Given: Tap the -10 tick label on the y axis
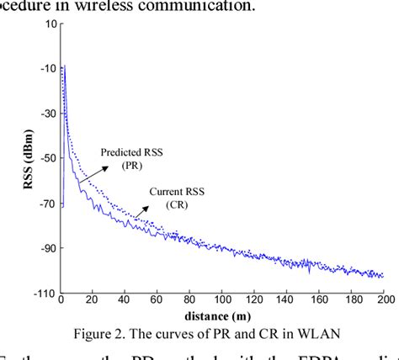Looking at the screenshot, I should (x=48, y=68).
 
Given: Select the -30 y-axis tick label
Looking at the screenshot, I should (x=48, y=113).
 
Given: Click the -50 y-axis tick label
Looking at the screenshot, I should (x=48, y=157).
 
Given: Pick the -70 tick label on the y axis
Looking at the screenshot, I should (x=48, y=203).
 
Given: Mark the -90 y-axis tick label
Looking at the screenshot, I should (x=48, y=247).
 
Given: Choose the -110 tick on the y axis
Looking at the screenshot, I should (x=45, y=293).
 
